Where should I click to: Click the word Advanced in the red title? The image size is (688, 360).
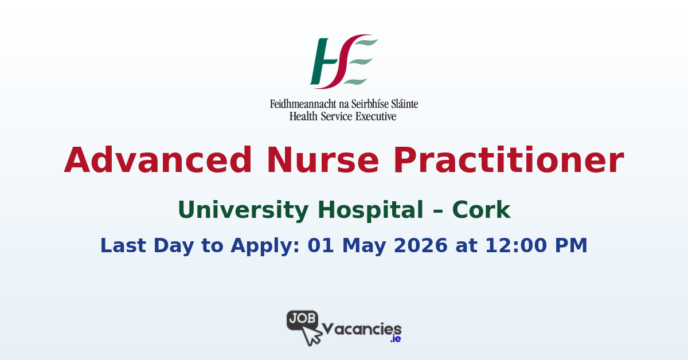(158, 160)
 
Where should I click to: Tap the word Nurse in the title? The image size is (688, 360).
(322, 160)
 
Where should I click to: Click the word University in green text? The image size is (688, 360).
(243, 211)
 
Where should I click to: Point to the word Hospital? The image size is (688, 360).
(370, 210)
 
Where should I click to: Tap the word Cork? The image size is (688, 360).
(481, 210)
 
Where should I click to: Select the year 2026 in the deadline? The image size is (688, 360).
(420, 245)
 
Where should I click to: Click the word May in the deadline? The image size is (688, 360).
(364, 246)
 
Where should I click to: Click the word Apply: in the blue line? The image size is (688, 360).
(265, 246)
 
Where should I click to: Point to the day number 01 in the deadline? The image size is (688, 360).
(320, 245)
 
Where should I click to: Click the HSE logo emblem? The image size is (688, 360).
(343, 61)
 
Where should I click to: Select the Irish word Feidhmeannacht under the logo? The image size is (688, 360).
(303, 104)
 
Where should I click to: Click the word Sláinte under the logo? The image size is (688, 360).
(405, 104)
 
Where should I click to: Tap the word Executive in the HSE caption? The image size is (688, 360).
(376, 116)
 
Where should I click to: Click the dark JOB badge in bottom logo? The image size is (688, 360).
(302, 319)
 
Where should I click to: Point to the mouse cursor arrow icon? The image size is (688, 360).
(311, 336)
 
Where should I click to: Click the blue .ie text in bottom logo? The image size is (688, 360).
(396, 339)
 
